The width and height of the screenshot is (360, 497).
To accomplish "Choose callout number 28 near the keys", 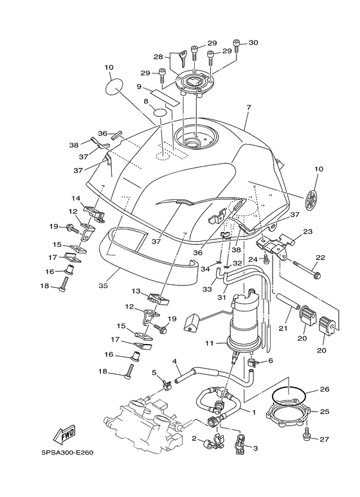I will click(158, 57).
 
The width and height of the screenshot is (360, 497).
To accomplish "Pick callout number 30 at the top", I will click(253, 43).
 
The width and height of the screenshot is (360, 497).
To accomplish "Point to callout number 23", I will click(307, 231).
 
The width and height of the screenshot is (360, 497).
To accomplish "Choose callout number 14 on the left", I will click(76, 199).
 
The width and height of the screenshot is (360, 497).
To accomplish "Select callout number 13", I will click(137, 291).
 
